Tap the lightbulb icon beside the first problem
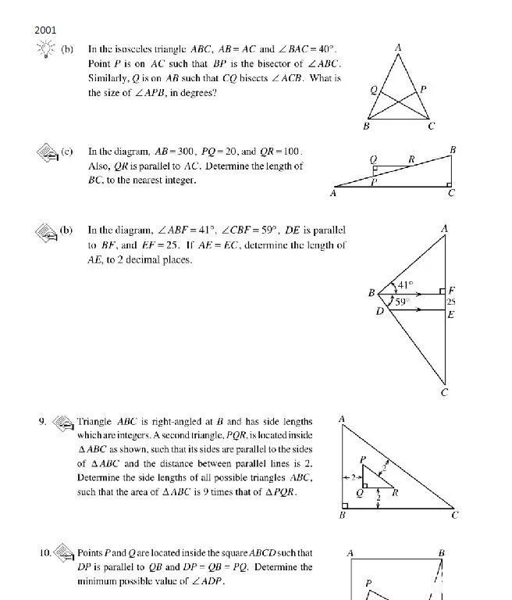pos(45,50)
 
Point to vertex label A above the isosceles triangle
pos(398,48)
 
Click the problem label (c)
pos(67,152)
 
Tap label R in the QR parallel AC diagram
pos(411,159)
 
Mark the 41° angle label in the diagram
pos(406,286)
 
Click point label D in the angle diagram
pos(380,312)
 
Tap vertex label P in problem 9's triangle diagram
pos(363,460)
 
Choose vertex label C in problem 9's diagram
pos(455,515)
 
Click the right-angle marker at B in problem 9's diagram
pos(344,505)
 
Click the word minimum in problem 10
pos(97,581)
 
